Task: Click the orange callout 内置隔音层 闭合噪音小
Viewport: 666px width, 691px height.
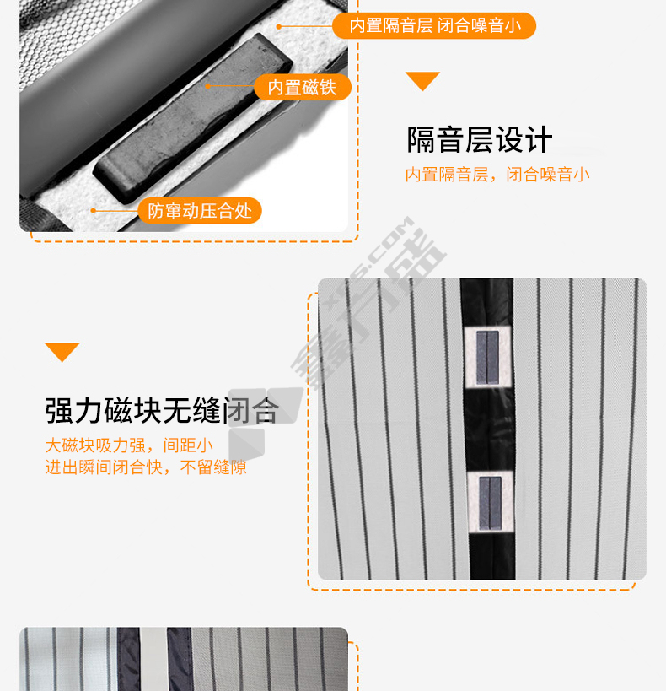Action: [x=434, y=25]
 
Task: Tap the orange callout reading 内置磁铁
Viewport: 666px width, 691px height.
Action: [x=302, y=87]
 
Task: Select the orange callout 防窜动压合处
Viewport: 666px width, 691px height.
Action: [x=200, y=211]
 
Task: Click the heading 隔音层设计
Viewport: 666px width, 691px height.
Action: [x=479, y=140]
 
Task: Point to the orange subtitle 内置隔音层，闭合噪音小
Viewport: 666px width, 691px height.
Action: [x=497, y=175]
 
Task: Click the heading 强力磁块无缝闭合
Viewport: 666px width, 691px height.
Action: [x=162, y=410]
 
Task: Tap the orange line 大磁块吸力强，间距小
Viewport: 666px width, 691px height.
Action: [x=129, y=445]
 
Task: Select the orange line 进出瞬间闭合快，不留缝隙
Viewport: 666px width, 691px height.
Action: [x=146, y=467]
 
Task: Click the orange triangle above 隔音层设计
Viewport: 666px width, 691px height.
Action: [x=422, y=81]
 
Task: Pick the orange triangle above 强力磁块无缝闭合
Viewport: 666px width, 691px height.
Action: [x=62, y=352]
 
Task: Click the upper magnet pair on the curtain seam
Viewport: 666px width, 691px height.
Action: [x=487, y=358]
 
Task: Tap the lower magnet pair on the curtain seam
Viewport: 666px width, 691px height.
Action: [x=491, y=503]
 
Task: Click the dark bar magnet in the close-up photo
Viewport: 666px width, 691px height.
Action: [x=193, y=119]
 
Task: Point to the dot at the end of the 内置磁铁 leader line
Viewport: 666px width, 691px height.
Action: [x=208, y=86]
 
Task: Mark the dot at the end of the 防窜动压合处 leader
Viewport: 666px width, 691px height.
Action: [x=94, y=211]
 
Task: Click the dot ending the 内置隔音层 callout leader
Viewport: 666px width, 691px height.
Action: [x=279, y=27]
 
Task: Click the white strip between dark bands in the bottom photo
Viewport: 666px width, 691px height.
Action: [x=153, y=659]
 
